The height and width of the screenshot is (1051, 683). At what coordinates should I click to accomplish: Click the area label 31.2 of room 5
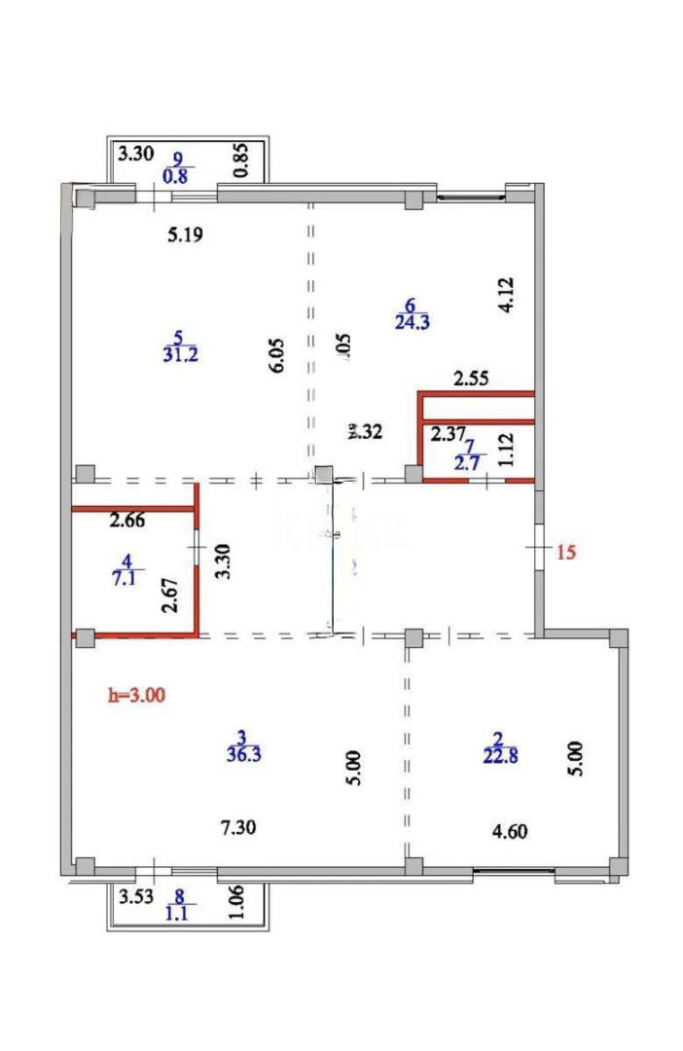181,354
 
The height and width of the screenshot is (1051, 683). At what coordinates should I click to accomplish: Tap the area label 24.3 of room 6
413,322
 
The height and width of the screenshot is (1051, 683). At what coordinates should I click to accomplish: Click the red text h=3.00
135,696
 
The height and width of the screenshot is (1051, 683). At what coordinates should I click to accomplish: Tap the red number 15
566,552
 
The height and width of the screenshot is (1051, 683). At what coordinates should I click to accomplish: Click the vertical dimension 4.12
504,295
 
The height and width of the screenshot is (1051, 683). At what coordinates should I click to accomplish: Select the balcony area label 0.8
177,175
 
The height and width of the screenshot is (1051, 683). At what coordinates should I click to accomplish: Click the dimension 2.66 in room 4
127,521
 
